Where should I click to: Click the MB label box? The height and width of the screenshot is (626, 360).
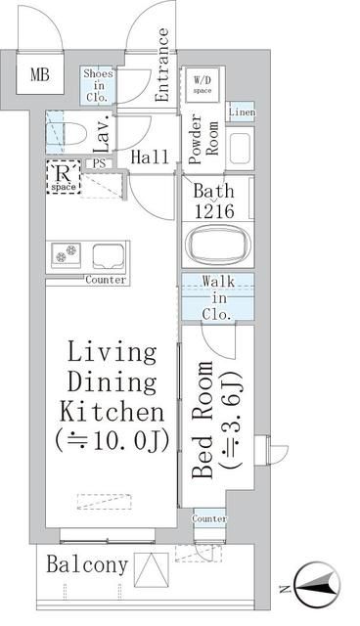40,73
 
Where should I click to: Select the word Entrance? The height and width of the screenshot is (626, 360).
163,65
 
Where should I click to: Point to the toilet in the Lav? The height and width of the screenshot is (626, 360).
72,129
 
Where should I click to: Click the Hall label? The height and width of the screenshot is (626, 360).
150,157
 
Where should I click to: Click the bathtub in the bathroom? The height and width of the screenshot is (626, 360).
215,246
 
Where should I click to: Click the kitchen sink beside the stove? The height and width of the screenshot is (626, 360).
110,256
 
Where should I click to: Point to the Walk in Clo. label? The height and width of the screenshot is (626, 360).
217,298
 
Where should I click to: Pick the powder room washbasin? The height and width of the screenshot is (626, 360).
240,148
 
